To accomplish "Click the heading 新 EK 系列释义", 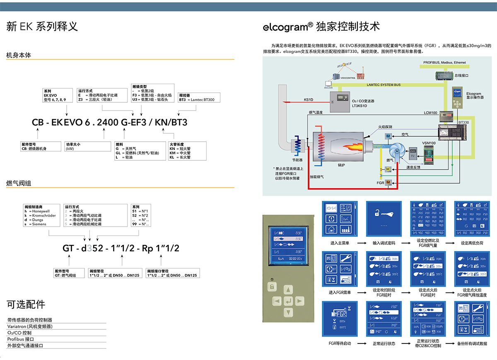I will point(42,27).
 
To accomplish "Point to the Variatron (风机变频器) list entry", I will point(30,326).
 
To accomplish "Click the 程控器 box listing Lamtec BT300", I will point(199,97).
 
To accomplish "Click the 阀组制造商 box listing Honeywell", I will point(42,215).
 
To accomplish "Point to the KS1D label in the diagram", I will point(309,100).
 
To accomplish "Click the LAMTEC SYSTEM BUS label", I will point(384,85).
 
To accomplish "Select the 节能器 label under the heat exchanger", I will point(297,159).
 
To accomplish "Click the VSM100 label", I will point(429,143).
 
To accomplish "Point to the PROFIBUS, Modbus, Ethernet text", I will point(444,63).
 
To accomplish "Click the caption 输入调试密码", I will point(384,243).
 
